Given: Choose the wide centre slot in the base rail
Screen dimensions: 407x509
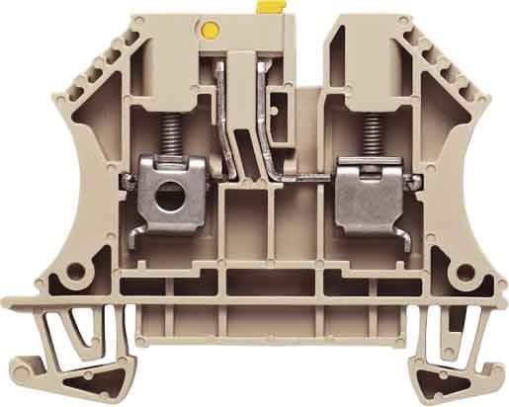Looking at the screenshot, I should click(x=256, y=296).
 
